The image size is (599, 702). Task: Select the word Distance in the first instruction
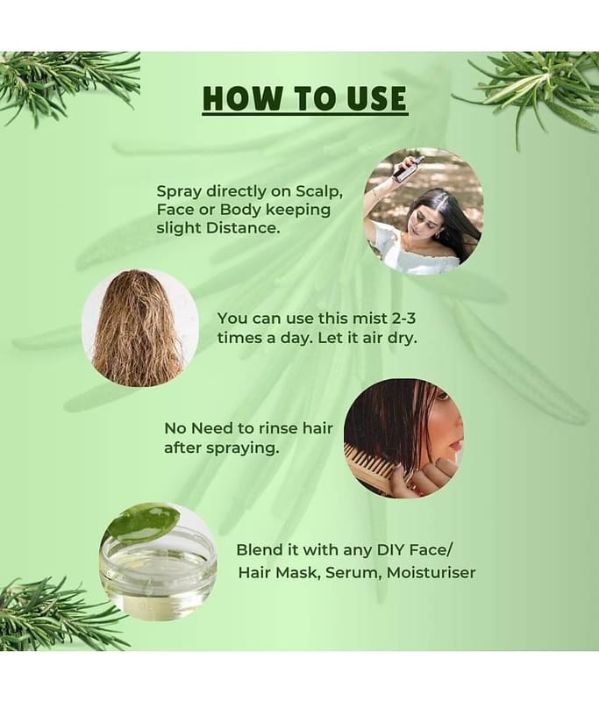(x=243, y=228)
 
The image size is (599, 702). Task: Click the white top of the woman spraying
(x=414, y=252)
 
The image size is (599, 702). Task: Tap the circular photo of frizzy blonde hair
(x=140, y=327)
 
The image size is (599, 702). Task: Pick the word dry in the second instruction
(x=403, y=338)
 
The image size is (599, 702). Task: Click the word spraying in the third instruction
(x=242, y=448)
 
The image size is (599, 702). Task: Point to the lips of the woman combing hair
(x=456, y=445)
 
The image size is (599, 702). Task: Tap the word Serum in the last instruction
(x=353, y=573)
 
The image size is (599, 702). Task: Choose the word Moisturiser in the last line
(x=431, y=573)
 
